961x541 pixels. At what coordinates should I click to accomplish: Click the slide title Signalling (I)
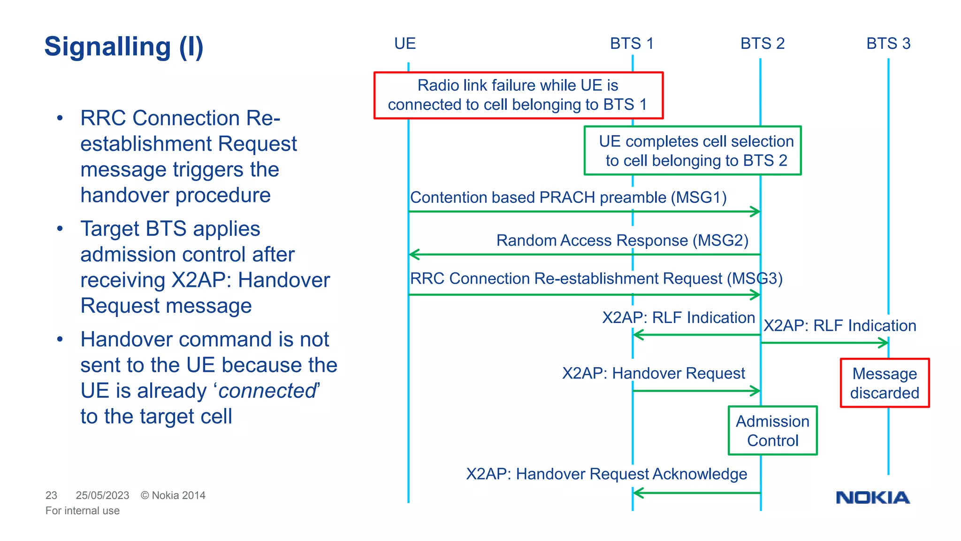pyautogui.click(x=124, y=47)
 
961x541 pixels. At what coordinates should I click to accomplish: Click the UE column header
pyautogui.click(x=404, y=44)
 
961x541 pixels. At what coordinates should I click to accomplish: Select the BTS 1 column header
pyautogui.click(x=632, y=44)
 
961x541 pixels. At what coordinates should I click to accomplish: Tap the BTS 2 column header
pyautogui.click(x=762, y=44)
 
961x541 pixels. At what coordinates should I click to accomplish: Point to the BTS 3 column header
pyautogui.click(x=888, y=44)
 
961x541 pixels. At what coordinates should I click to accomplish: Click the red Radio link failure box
pyautogui.click(x=518, y=95)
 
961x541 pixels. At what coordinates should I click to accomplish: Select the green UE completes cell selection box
pyautogui.click(x=693, y=150)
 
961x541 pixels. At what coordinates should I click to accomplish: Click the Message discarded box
pyautogui.click(x=885, y=383)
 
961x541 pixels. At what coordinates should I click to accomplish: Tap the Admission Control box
pyautogui.click(x=772, y=431)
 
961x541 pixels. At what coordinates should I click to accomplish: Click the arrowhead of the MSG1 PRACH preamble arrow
pyautogui.click(x=755, y=211)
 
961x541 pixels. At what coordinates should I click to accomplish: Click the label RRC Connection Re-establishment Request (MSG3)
pyautogui.click(x=596, y=278)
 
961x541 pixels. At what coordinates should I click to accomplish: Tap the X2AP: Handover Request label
pyautogui.click(x=653, y=373)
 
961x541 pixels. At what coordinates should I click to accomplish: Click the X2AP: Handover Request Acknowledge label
pyautogui.click(x=606, y=474)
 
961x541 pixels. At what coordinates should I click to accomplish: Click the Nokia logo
pyautogui.click(x=872, y=497)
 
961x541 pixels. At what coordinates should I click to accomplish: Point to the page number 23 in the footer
pyautogui.click(x=51, y=495)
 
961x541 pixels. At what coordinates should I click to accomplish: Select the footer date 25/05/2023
pyautogui.click(x=102, y=495)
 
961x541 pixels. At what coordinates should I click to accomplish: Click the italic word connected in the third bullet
pyautogui.click(x=268, y=391)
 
